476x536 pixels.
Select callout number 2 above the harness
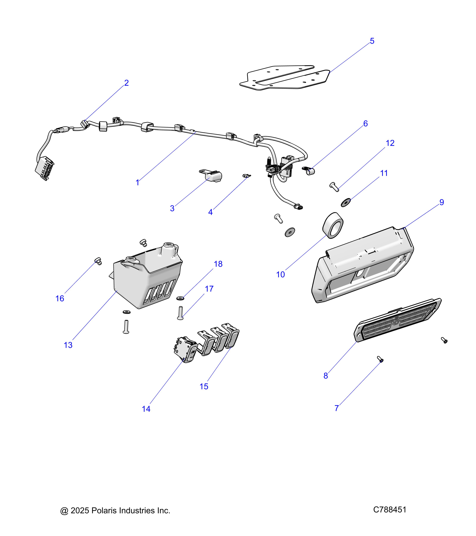[127, 83]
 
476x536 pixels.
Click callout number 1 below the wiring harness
[138, 183]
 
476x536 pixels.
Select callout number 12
[390, 143]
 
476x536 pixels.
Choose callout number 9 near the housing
[442, 202]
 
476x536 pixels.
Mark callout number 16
[60, 298]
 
